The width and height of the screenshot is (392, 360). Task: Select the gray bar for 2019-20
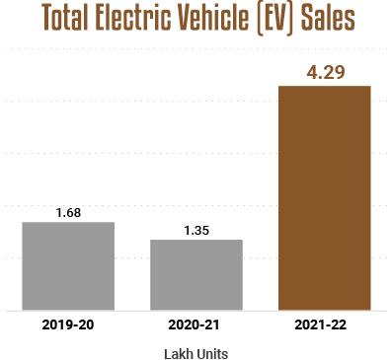pos(68,265)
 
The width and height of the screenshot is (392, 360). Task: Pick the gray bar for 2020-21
pos(196,274)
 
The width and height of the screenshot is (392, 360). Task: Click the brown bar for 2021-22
pos(325,197)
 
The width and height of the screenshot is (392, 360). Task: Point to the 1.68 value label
pos(68,212)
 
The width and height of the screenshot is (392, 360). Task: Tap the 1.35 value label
pos(196,230)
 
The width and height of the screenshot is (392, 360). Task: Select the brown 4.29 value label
pos(325,72)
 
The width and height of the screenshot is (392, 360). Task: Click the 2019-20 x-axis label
pos(68,324)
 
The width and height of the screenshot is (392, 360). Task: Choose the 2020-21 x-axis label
pos(196,324)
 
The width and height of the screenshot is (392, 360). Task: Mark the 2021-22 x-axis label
pos(325,324)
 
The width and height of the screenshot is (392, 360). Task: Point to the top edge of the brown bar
pos(325,87)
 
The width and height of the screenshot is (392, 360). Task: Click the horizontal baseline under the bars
pos(196,310)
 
